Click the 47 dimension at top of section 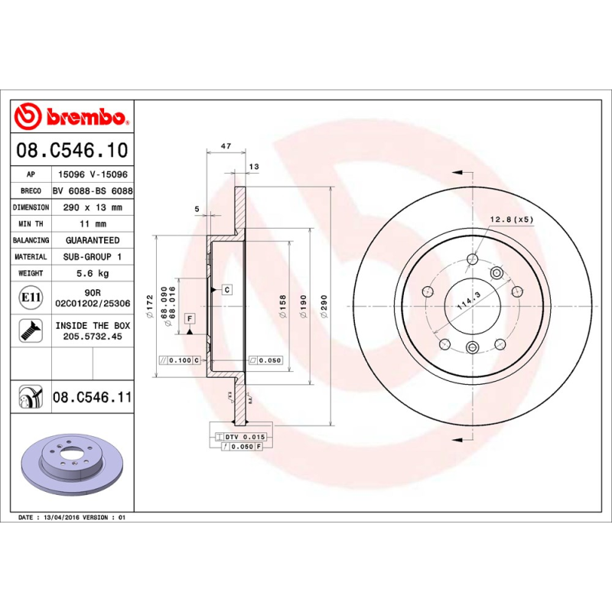point(226,145)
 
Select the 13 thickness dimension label point(254,166)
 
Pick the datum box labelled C point(227,289)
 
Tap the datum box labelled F point(190,317)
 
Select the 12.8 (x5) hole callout point(511,220)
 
